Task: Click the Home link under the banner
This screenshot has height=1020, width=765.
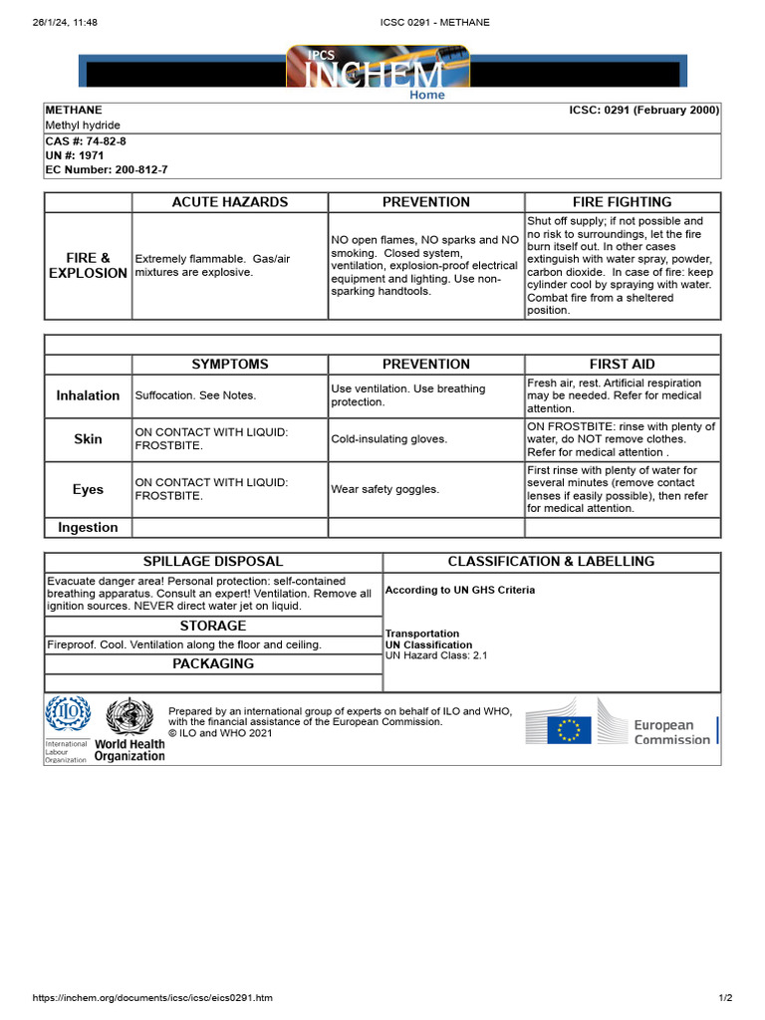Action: tap(427, 96)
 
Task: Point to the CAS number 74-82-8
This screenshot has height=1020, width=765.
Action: tap(86, 141)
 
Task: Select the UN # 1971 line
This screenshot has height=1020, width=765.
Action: tap(75, 156)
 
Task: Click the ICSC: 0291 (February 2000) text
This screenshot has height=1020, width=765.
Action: tap(637, 111)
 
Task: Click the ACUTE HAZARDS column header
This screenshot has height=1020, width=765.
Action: tap(230, 202)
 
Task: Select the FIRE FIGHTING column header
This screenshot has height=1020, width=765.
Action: tap(622, 202)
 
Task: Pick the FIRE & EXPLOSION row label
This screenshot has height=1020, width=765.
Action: tap(88, 265)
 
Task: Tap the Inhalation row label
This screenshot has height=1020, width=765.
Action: tap(88, 395)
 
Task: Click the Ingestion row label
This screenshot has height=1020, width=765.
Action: tap(88, 528)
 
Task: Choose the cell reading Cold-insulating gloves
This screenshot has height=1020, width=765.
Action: tap(389, 439)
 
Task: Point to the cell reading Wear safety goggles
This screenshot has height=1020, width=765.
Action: tap(384, 489)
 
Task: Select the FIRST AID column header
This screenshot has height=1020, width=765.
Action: tap(622, 365)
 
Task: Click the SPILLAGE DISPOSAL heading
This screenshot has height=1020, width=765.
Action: tap(213, 562)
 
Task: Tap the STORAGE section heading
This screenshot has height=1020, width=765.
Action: tap(213, 627)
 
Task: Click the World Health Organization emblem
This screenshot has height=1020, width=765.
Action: tap(129, 718)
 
